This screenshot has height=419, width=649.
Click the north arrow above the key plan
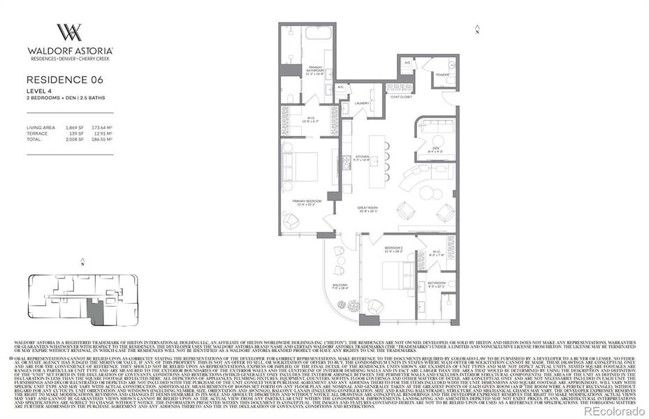pyautogui.click(x=82, y=264)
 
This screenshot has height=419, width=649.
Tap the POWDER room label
pyautogui.click(x=442, y=74)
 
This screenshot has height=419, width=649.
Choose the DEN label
pyautogui.click(x=435, y=147)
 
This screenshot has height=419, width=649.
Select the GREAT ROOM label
pyautogui.click(x=367, y=207)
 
